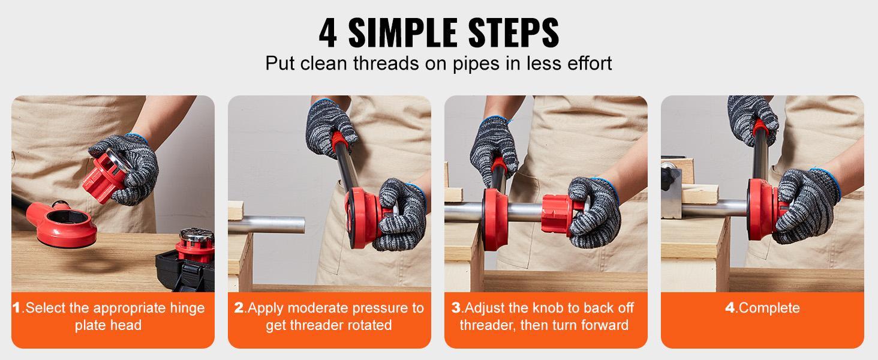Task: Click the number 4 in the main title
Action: pyautogui.click(x=327, y=34)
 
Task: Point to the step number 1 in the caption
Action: pyautogui.click(x=16, y=308)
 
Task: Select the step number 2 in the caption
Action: pyautogui.click(x=239, y=308)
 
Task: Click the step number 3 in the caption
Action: pyautogui.click(x=456, y=308)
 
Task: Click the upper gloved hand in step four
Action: pyautogui.click(x=752, y=120)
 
